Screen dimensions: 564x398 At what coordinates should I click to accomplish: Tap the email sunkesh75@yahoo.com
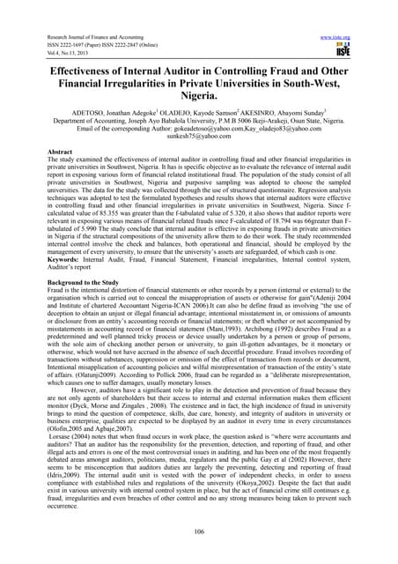click(198, 137)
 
